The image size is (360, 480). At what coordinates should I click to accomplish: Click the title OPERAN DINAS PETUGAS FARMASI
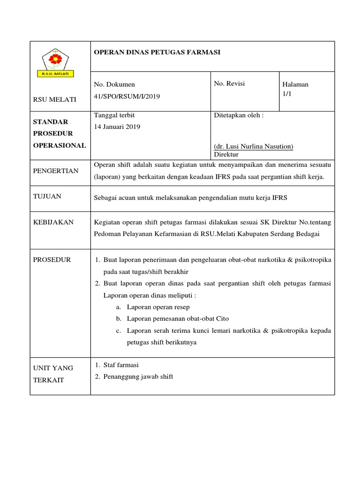click(157, 52)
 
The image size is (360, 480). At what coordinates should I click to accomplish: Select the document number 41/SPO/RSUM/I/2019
click(127, 96)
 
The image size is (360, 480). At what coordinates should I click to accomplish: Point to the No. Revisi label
click(229, 84)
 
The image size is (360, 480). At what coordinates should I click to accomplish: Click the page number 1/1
click(286, 94)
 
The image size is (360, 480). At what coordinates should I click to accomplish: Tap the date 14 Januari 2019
click(117, 127)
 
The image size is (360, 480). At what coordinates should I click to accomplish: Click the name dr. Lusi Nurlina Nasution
click(254, 146)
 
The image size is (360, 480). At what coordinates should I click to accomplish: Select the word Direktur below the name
click(226, 154)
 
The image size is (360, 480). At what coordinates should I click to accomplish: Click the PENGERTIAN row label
click(55, 171)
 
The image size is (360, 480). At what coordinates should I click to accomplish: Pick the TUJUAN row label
click(47, 196)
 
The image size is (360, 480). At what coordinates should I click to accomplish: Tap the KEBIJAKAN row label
click(53, 222)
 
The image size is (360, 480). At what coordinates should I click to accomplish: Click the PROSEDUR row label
click(52, 260)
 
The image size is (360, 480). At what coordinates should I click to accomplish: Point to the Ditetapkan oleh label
click(239, 115)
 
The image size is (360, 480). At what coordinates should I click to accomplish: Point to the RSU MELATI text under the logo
click(54, 99)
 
